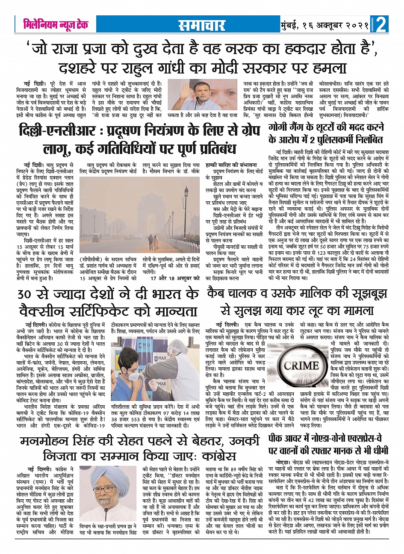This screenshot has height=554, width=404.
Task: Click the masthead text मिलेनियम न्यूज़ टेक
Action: coord(56,25)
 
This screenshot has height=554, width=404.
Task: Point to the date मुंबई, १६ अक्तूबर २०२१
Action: coord(325,25)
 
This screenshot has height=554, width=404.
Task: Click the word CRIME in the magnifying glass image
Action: coord(301,365)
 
